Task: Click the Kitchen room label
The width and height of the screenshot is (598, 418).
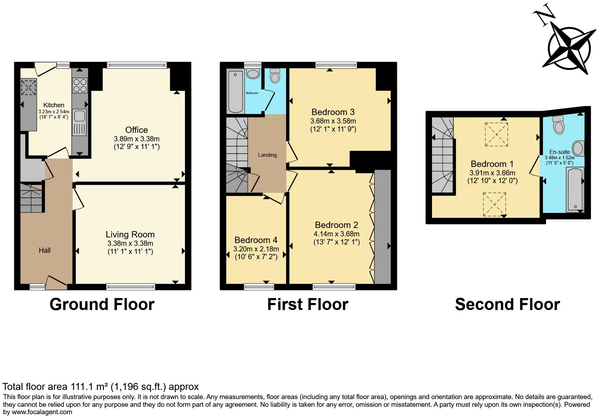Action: tap(54, 105)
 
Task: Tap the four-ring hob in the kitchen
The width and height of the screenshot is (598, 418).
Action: tap(80, 85)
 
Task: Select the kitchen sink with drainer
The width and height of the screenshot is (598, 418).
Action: tap(80, 122)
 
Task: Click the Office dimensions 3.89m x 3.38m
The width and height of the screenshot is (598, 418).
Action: tap(137, 139)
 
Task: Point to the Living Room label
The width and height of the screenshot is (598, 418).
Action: tap(130, 234)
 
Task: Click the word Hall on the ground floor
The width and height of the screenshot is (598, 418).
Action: tap(45, 250)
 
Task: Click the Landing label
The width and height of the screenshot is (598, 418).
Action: tap(267, 155)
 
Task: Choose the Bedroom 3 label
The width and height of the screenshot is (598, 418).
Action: tap(333, 112)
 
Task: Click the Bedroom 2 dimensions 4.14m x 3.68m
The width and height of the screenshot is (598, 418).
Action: tap(336, 234)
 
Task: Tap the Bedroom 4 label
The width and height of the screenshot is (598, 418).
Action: tap(256, 240)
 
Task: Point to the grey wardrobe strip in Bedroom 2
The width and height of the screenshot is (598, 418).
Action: tap(383, 227)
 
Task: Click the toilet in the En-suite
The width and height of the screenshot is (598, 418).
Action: tap(558, 124)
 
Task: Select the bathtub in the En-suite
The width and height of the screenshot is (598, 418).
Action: tap(575, 189)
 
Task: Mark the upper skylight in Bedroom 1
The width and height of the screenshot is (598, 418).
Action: tap(496, 134)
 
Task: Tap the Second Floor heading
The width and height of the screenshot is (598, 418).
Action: tap(507, 304)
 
